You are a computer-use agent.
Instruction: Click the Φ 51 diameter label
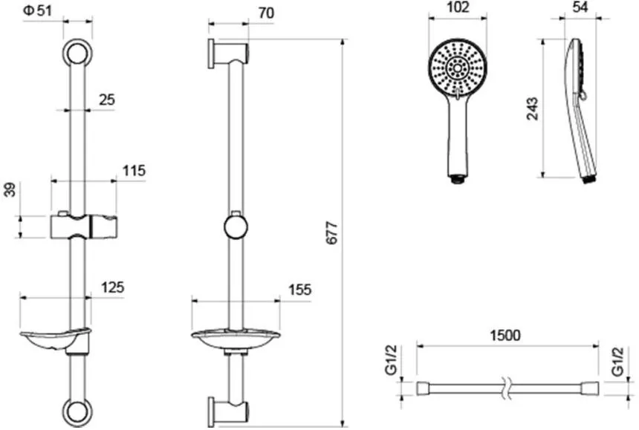[38, 10]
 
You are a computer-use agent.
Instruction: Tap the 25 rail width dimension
[107, 100]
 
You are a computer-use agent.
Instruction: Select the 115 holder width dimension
[134, 171]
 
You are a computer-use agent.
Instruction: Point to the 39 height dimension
[10, 190]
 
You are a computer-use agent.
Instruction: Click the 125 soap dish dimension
[112, 287]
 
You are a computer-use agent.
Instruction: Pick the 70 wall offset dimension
[266, 13]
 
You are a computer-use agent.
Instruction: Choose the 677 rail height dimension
[332, 233]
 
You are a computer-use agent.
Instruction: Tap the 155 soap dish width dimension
[300, 290]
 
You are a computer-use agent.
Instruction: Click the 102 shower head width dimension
[458, 7]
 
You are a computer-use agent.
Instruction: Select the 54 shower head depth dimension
[580, 7]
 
